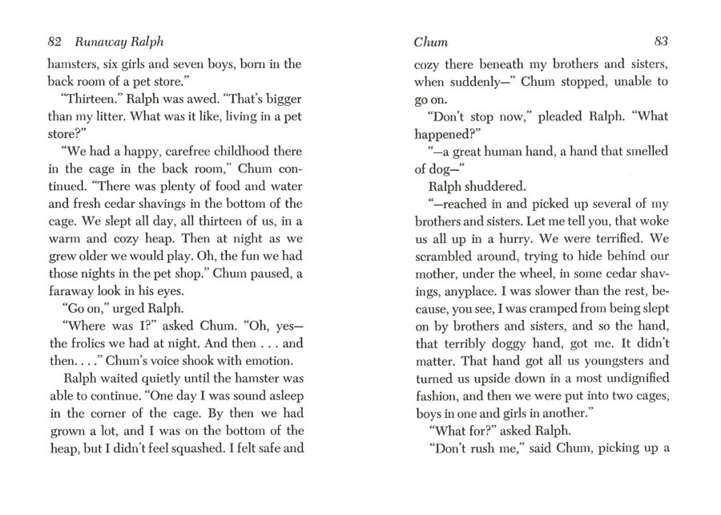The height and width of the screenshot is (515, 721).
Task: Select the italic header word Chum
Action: pos(431,42)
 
